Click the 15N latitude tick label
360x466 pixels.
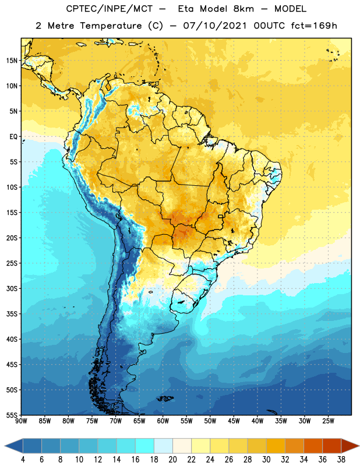tap(12, 61)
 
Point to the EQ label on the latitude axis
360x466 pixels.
tap(13, 137)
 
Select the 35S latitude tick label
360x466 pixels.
tap(12, 314)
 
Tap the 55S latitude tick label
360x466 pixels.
tap(12, 415)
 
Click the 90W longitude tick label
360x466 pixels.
tap(21, 421)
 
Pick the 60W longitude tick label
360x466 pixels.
tap(163, 421)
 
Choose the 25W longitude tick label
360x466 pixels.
tap(328, 421)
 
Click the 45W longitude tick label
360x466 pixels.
tap(234, 421)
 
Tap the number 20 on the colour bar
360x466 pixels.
tap(172, 460)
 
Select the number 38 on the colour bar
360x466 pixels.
tap(341, 460)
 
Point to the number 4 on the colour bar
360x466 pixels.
tap(23, 460)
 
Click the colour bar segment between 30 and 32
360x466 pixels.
tap(276, 446)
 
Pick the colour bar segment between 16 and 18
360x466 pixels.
tap(144, 446)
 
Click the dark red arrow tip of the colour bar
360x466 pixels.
tap(350, 446)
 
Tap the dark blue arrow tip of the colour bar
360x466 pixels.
tap(13, 446)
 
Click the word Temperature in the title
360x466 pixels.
tap(111, 26)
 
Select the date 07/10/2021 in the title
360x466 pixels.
tap(215, 26)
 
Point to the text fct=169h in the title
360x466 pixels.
tap(314, 26)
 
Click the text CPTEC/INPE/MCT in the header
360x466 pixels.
tap(110, 9)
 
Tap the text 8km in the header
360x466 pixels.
tap(243, 9)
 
